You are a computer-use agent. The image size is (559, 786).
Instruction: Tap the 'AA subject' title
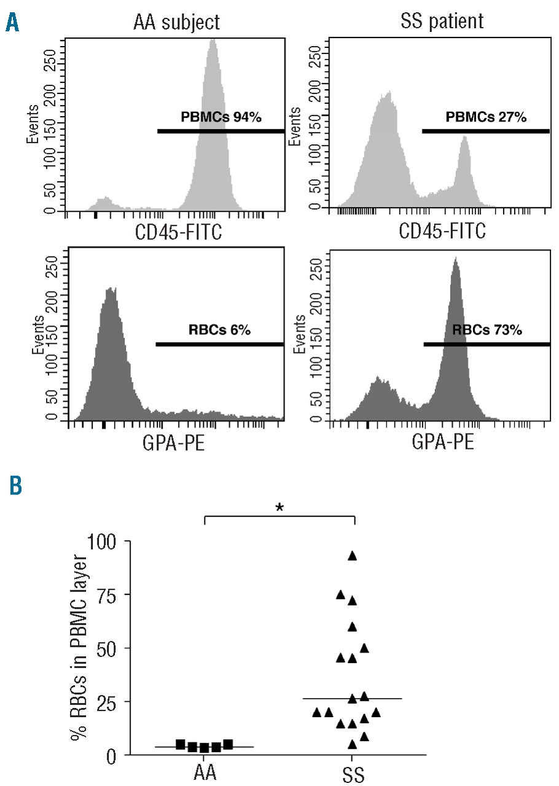[x=176, y=23]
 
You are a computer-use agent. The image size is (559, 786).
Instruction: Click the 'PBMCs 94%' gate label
[x=221, y=117]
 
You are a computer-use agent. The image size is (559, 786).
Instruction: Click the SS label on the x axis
[x=352, y=774]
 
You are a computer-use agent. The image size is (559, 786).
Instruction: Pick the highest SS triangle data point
[x=352, y=556]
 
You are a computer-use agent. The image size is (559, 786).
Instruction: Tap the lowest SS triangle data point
[x=352, y=744]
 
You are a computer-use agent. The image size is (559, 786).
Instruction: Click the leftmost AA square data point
[x=180, y=744]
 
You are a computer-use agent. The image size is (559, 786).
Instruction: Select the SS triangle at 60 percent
[x=352, y=626]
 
